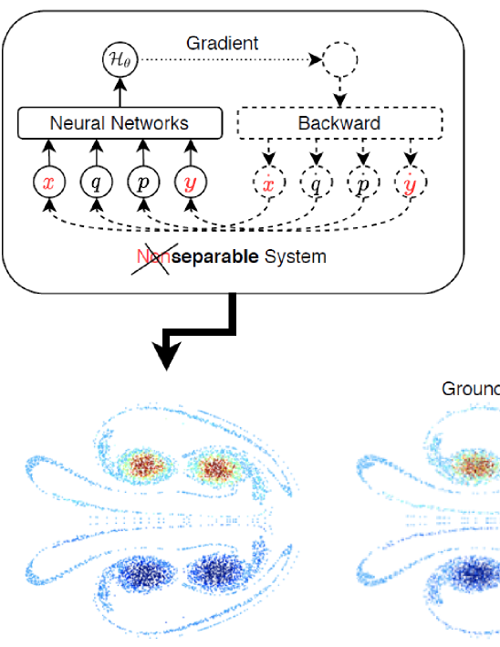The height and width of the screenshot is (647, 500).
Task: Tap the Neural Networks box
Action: (x=120, y=122)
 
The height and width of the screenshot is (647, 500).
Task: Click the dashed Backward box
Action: (x=339, y=122)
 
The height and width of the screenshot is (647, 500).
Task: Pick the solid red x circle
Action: (x=50, y=183)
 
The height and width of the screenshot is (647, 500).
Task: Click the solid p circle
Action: (x=143, y=183)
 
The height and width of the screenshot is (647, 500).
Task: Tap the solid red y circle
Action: (x=190, y=183)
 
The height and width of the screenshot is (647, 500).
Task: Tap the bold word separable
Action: (x=214, y=256)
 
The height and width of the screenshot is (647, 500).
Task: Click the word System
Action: (x=295, y=256)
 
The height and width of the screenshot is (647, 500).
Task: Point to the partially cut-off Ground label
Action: (x=471, y=389)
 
